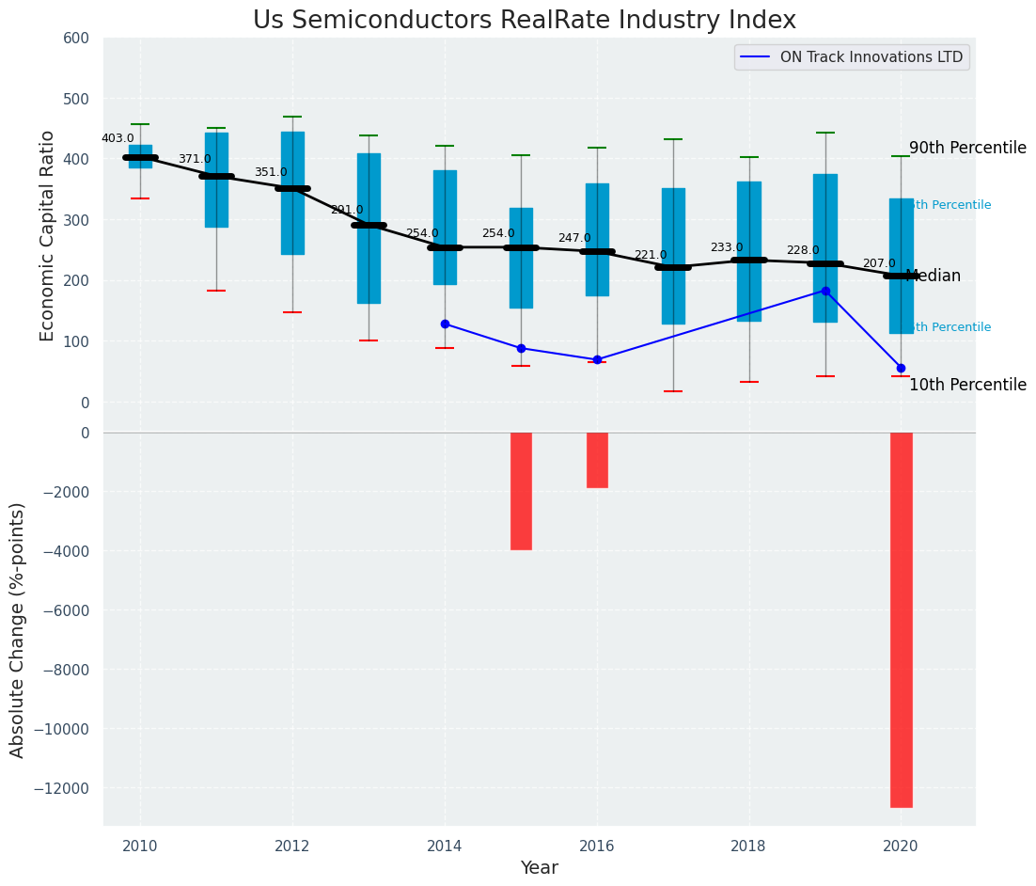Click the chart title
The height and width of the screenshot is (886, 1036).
pos(524,21)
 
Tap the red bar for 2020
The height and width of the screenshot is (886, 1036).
pos(901,619)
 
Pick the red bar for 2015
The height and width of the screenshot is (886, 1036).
pos(521,491)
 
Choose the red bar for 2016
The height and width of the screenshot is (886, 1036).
pos(597,460)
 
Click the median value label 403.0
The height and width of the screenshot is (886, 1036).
pos(118,138)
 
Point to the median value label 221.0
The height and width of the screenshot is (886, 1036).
pos(650,255)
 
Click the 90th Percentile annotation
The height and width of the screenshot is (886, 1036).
pos(967,149)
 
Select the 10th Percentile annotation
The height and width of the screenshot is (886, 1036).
pos(967,385)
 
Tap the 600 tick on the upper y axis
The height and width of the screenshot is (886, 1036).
pos(76,38)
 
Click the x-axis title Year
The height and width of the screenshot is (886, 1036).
pos(540,868)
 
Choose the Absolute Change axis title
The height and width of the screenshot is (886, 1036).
pos(18,629)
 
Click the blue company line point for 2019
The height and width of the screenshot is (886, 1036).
pos(825,291)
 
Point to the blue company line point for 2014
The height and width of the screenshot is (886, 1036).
pos(445,324)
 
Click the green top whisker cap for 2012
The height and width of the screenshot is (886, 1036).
pos(292,117)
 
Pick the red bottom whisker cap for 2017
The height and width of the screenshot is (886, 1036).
pos(673,391)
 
